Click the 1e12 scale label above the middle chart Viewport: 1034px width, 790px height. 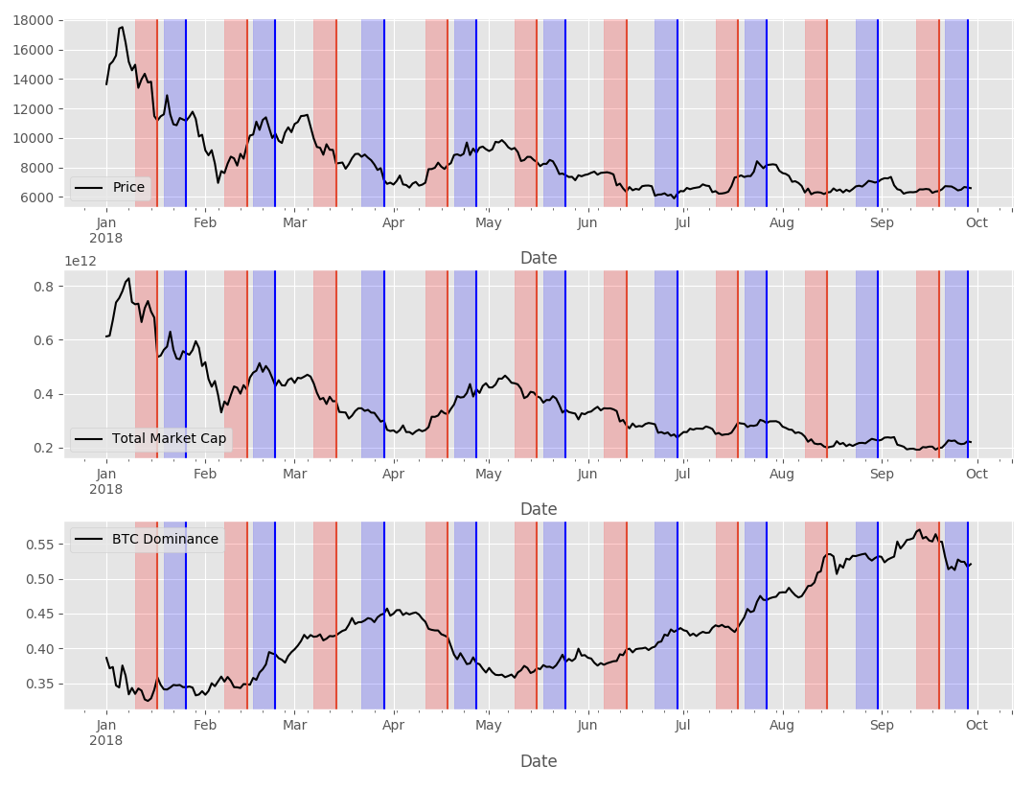(x=80, y=261)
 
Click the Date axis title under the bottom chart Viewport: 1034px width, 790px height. (x=539, y=761)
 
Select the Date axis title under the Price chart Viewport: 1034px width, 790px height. (x=539, y=258)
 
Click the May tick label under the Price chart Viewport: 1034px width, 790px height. (x=488, y=223)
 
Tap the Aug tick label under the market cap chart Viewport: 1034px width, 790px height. (x=782, y=473)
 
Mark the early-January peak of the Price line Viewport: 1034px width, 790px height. (x=121, y=27)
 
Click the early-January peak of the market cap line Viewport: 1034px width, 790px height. (x=128, y=278)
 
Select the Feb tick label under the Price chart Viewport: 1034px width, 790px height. (x=205, y=223)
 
